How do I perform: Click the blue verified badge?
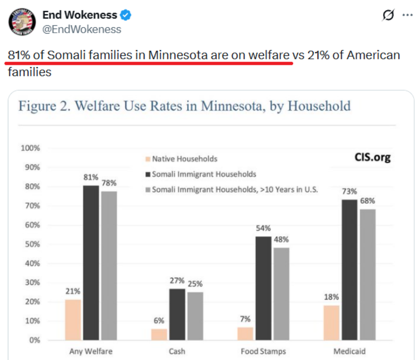[126, 15]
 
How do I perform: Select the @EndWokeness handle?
[82, 29]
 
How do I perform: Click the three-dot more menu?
[408, 15]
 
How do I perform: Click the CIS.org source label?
[372, 157]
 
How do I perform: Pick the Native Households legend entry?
[184, 159]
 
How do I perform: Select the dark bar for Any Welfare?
[91, 263]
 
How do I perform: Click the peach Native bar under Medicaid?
[331, 323]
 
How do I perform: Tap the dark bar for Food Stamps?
[263, 288]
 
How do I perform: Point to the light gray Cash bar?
[195, 316]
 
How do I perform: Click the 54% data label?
[263, 228]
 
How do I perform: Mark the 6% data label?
[159, 321]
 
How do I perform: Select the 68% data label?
[367, 201]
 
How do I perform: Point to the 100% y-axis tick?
[31, 148]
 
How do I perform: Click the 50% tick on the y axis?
[32, 244]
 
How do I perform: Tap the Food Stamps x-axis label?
[263, 351]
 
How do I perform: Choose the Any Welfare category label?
[91, 351]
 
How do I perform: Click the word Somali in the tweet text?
[67, 55]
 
